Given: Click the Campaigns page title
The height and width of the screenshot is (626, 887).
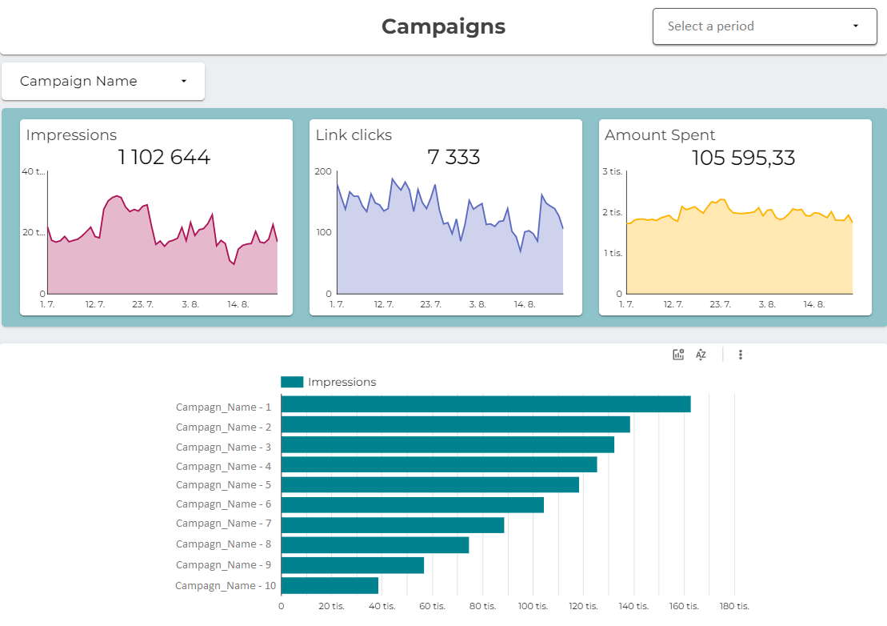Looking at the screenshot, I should pos(443,26).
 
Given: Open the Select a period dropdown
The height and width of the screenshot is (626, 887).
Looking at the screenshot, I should pos(764,26).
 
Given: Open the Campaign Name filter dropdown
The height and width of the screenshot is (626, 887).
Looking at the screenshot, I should pos(103,81).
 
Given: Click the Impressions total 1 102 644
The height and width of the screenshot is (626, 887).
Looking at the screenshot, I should pos(164,157).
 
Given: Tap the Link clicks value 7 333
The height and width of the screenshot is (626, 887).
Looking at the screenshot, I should pos(453,157).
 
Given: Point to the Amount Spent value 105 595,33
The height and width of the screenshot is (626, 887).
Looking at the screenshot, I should pos(743,158).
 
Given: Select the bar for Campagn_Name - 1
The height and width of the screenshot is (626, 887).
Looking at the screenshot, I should pos(485,404).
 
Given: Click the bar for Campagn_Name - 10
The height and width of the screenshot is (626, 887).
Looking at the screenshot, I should pos(330,585).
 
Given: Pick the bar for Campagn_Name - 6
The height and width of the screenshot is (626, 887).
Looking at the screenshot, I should pos(412,504).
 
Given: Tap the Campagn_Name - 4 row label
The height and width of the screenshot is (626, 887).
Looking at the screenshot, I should pos(223,466).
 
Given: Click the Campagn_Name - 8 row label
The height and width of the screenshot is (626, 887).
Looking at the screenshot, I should pos(223,544).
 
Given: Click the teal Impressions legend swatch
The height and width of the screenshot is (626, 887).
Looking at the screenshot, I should pos(292,382).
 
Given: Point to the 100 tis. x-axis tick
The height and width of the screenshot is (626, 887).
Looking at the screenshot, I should pos(532,606).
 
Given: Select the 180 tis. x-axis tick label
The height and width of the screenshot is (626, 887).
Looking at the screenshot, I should pos(733,606).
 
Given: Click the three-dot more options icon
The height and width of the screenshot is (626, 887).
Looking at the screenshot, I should pos(740,355).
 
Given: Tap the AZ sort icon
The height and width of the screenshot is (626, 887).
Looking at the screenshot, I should pos(701,355).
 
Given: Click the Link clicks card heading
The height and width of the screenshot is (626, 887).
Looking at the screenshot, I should pos(354,135).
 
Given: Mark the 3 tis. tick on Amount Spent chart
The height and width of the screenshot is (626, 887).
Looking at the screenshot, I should pos(612,171).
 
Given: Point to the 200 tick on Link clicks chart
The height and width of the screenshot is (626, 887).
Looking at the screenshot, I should pos(323,171).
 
